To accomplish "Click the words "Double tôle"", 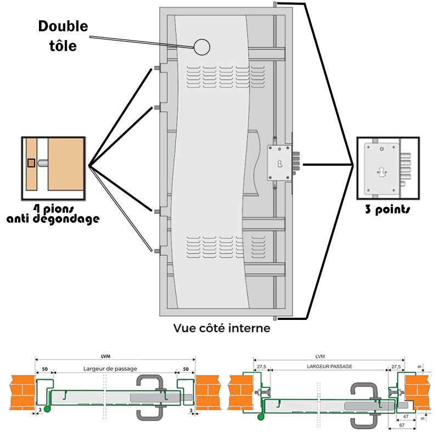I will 63,35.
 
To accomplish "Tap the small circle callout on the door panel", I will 201,47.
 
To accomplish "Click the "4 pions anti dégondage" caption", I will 53,213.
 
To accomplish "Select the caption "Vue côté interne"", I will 221,329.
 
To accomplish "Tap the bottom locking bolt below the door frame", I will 273,319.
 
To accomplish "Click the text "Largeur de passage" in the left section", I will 110,368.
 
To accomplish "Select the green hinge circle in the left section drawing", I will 47,408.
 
